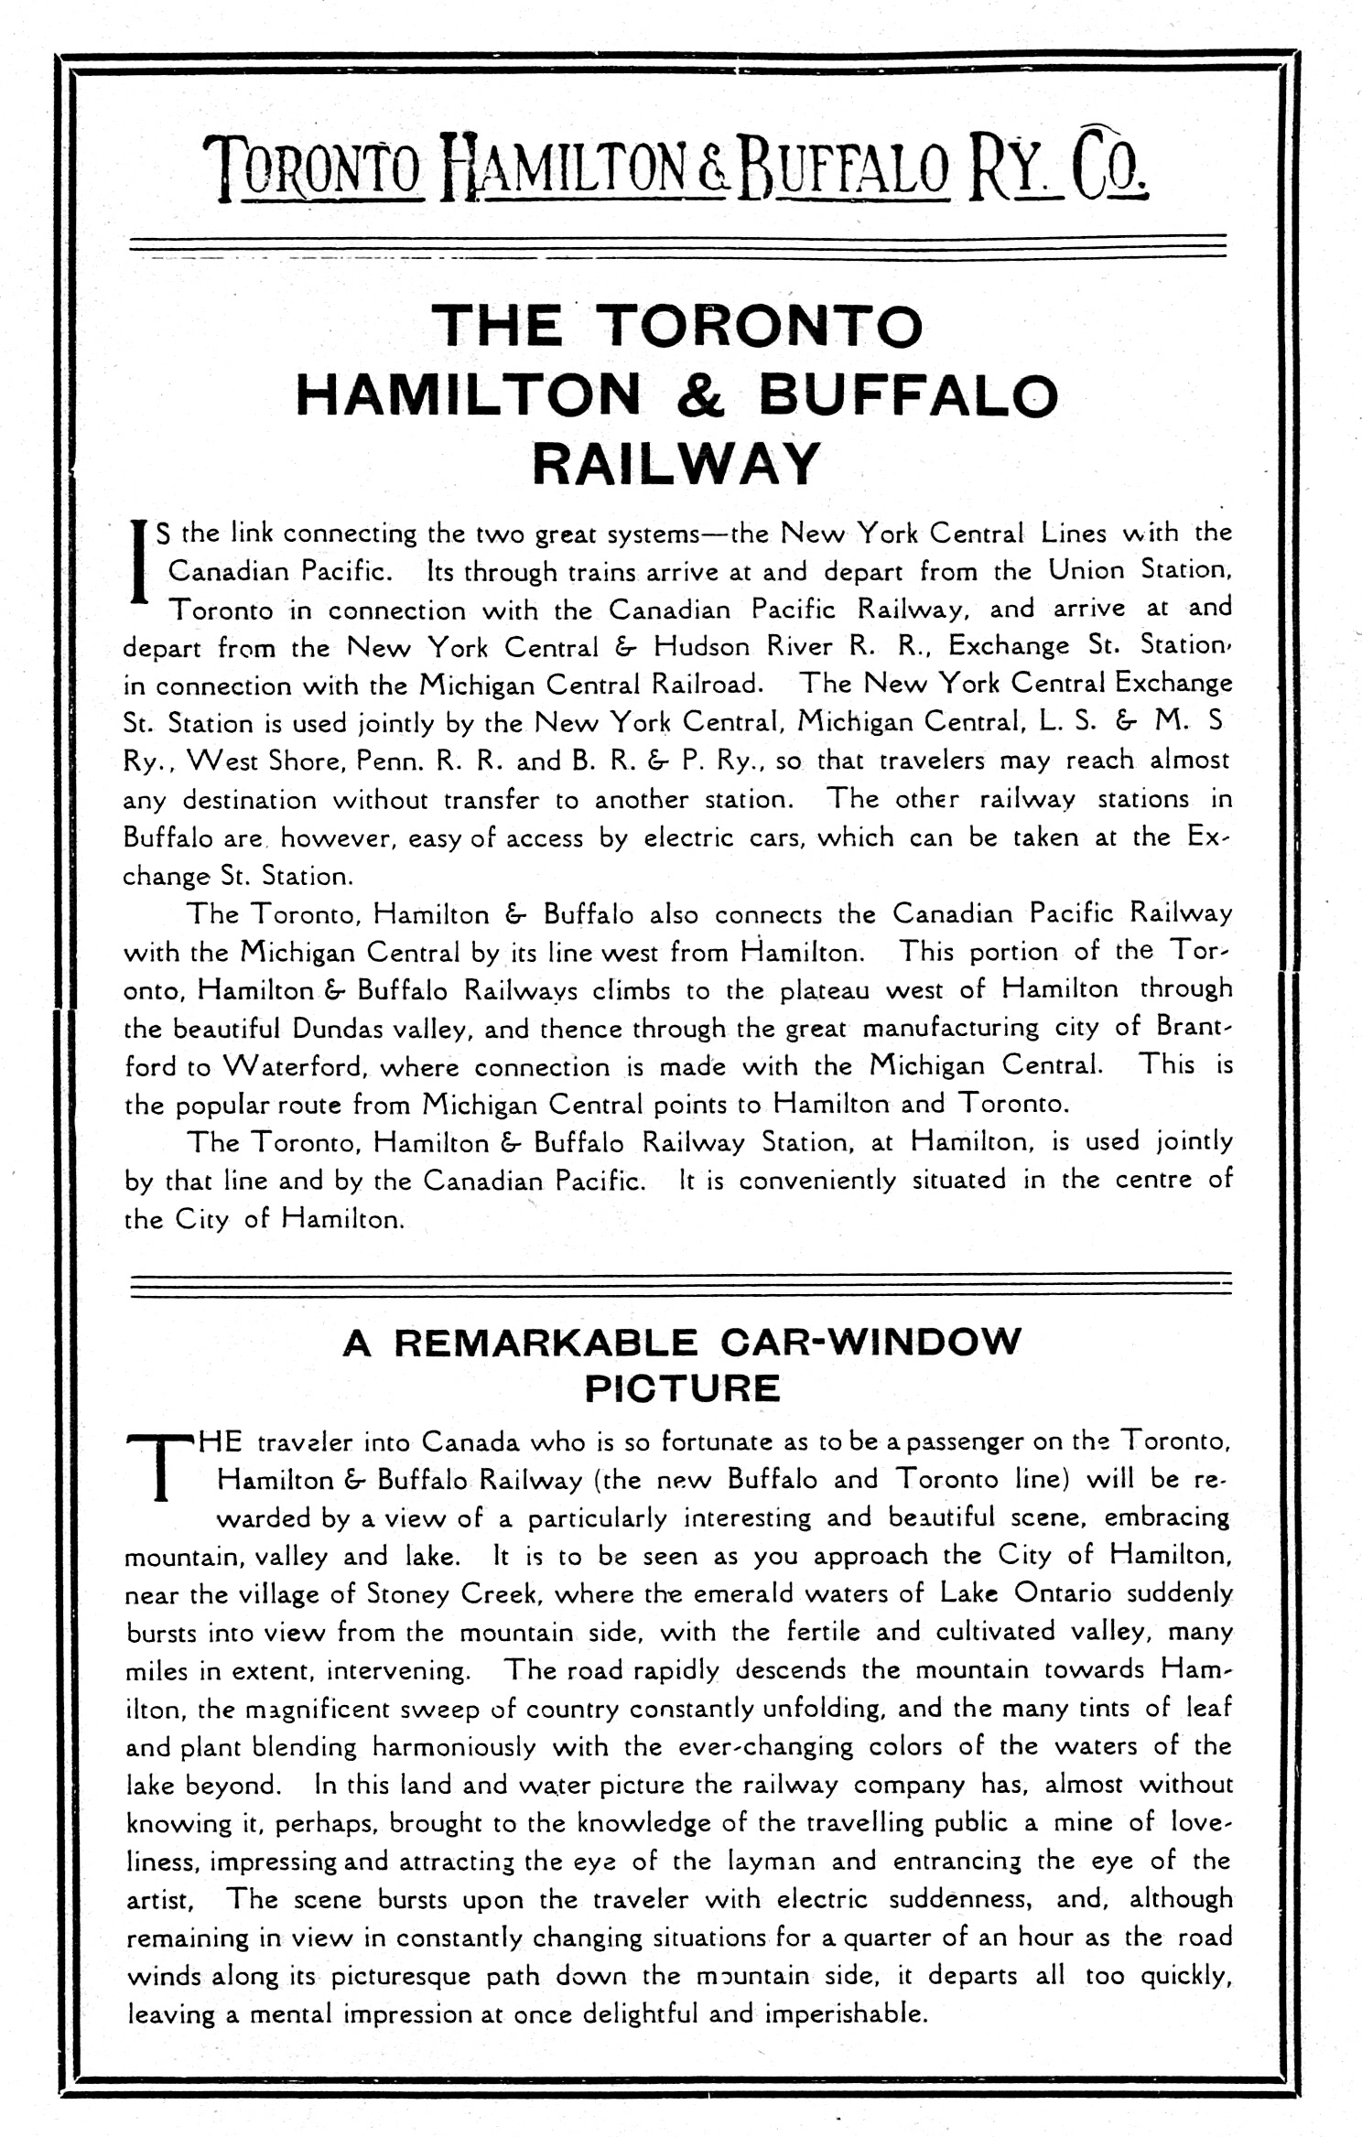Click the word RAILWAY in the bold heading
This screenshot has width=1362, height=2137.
coord(675,464)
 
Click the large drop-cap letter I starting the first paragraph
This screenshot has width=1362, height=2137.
coord(139,561)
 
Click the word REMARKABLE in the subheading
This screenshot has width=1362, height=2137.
coord(546,1343)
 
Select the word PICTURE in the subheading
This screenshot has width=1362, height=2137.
coord(682,1388)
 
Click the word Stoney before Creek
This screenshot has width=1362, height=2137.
coord(408,1593)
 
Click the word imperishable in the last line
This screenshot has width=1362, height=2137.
coord(846,2014)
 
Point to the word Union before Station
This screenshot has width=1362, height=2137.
coord(1086,571)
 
